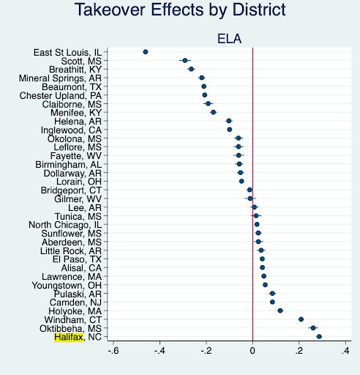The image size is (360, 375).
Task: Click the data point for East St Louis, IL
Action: (146, 52)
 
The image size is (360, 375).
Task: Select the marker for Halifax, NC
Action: (319, 337)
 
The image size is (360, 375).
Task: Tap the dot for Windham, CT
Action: (301, 319)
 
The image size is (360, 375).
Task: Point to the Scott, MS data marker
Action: (185, 61)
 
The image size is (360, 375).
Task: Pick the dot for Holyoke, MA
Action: (280, 311)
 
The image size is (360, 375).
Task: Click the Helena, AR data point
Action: (229, 121)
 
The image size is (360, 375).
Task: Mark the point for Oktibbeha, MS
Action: (313, 328)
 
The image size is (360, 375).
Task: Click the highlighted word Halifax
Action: (69, 337)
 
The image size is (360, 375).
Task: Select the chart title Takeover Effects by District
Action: (180, 10)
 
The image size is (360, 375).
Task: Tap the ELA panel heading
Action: (229, 39)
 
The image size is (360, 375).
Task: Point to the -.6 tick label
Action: (113, 351)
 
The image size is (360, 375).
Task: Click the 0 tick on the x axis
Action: (252, 351)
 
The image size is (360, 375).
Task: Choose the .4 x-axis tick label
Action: (345, 351)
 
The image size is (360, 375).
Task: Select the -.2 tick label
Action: (206, 351)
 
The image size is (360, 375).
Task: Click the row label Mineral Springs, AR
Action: (60, 78)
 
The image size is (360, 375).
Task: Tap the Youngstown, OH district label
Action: (67, 286)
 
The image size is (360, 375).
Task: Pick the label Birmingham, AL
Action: (68, 165)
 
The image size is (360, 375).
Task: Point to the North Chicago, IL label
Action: (65, 225)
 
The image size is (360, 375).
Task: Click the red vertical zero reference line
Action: (252, 194)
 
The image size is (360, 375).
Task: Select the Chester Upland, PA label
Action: (61, 95)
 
